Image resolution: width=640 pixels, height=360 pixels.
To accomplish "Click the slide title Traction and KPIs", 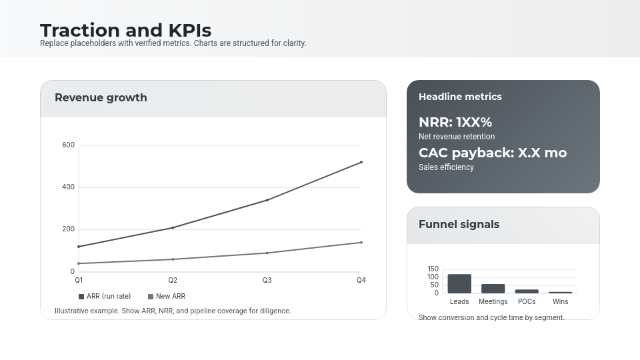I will tap(125, 30).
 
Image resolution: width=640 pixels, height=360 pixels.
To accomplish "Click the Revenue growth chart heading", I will tap(101, 97).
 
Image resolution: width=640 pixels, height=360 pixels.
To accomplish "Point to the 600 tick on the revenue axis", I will tap(68, 145).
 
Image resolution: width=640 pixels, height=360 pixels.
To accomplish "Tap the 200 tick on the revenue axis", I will tap(68, 229).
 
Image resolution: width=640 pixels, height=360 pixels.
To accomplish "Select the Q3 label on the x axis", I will tap(267, 280).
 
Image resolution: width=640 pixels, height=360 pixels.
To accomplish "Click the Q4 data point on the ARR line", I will tap(361, 162).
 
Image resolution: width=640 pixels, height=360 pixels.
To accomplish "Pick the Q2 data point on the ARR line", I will tap(173, 228).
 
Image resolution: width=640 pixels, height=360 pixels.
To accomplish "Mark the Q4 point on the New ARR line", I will tap(361, 243).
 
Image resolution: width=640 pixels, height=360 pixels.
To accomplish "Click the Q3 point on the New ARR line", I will tap(267, 253).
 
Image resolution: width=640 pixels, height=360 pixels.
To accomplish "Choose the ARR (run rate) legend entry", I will tap(105, 296).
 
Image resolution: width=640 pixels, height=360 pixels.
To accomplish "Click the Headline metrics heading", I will tap(460, 97).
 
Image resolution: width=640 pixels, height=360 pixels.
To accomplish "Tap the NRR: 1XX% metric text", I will tap(455, 122).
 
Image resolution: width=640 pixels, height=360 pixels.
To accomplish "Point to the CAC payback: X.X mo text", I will tap(493, 153).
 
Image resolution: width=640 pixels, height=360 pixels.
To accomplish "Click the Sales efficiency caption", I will tap(446, 167).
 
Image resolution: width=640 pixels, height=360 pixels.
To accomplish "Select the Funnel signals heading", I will tap(459, 224).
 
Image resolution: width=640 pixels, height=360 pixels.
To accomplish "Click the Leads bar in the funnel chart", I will tap(459, 284).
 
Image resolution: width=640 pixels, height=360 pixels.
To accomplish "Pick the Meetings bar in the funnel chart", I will tap(493, 289).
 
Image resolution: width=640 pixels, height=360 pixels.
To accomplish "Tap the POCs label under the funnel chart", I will tap(527, 301).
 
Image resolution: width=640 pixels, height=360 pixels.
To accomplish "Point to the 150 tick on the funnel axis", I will tap(433, 269).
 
